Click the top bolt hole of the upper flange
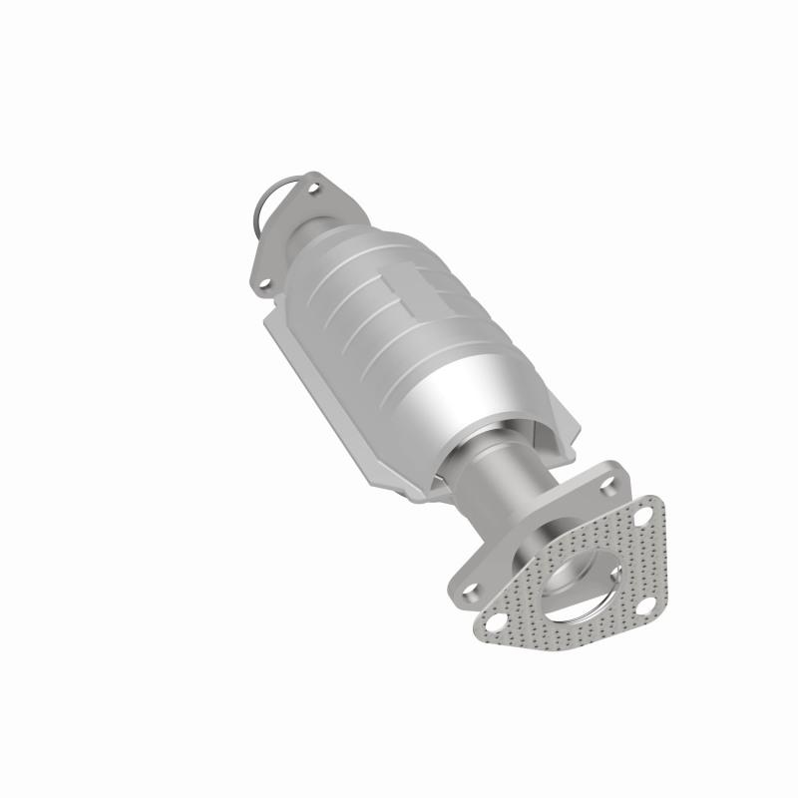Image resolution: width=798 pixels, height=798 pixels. pyautogui.click(x=316, y=186)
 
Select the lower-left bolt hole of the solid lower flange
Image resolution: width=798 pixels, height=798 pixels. pyautogui.click(x=469, y=579)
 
